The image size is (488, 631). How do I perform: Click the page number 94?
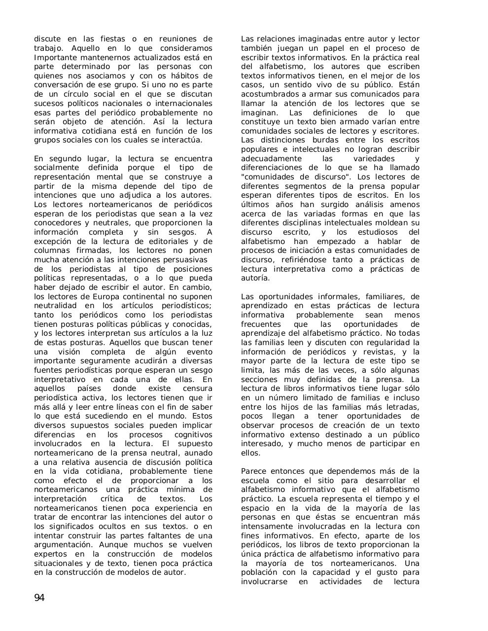[39, 598]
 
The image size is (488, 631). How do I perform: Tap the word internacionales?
[184, 104]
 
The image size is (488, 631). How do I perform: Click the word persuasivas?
[186, 260]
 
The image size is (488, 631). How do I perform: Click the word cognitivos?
[193, 435]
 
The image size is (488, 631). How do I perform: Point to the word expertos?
[51, 554]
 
